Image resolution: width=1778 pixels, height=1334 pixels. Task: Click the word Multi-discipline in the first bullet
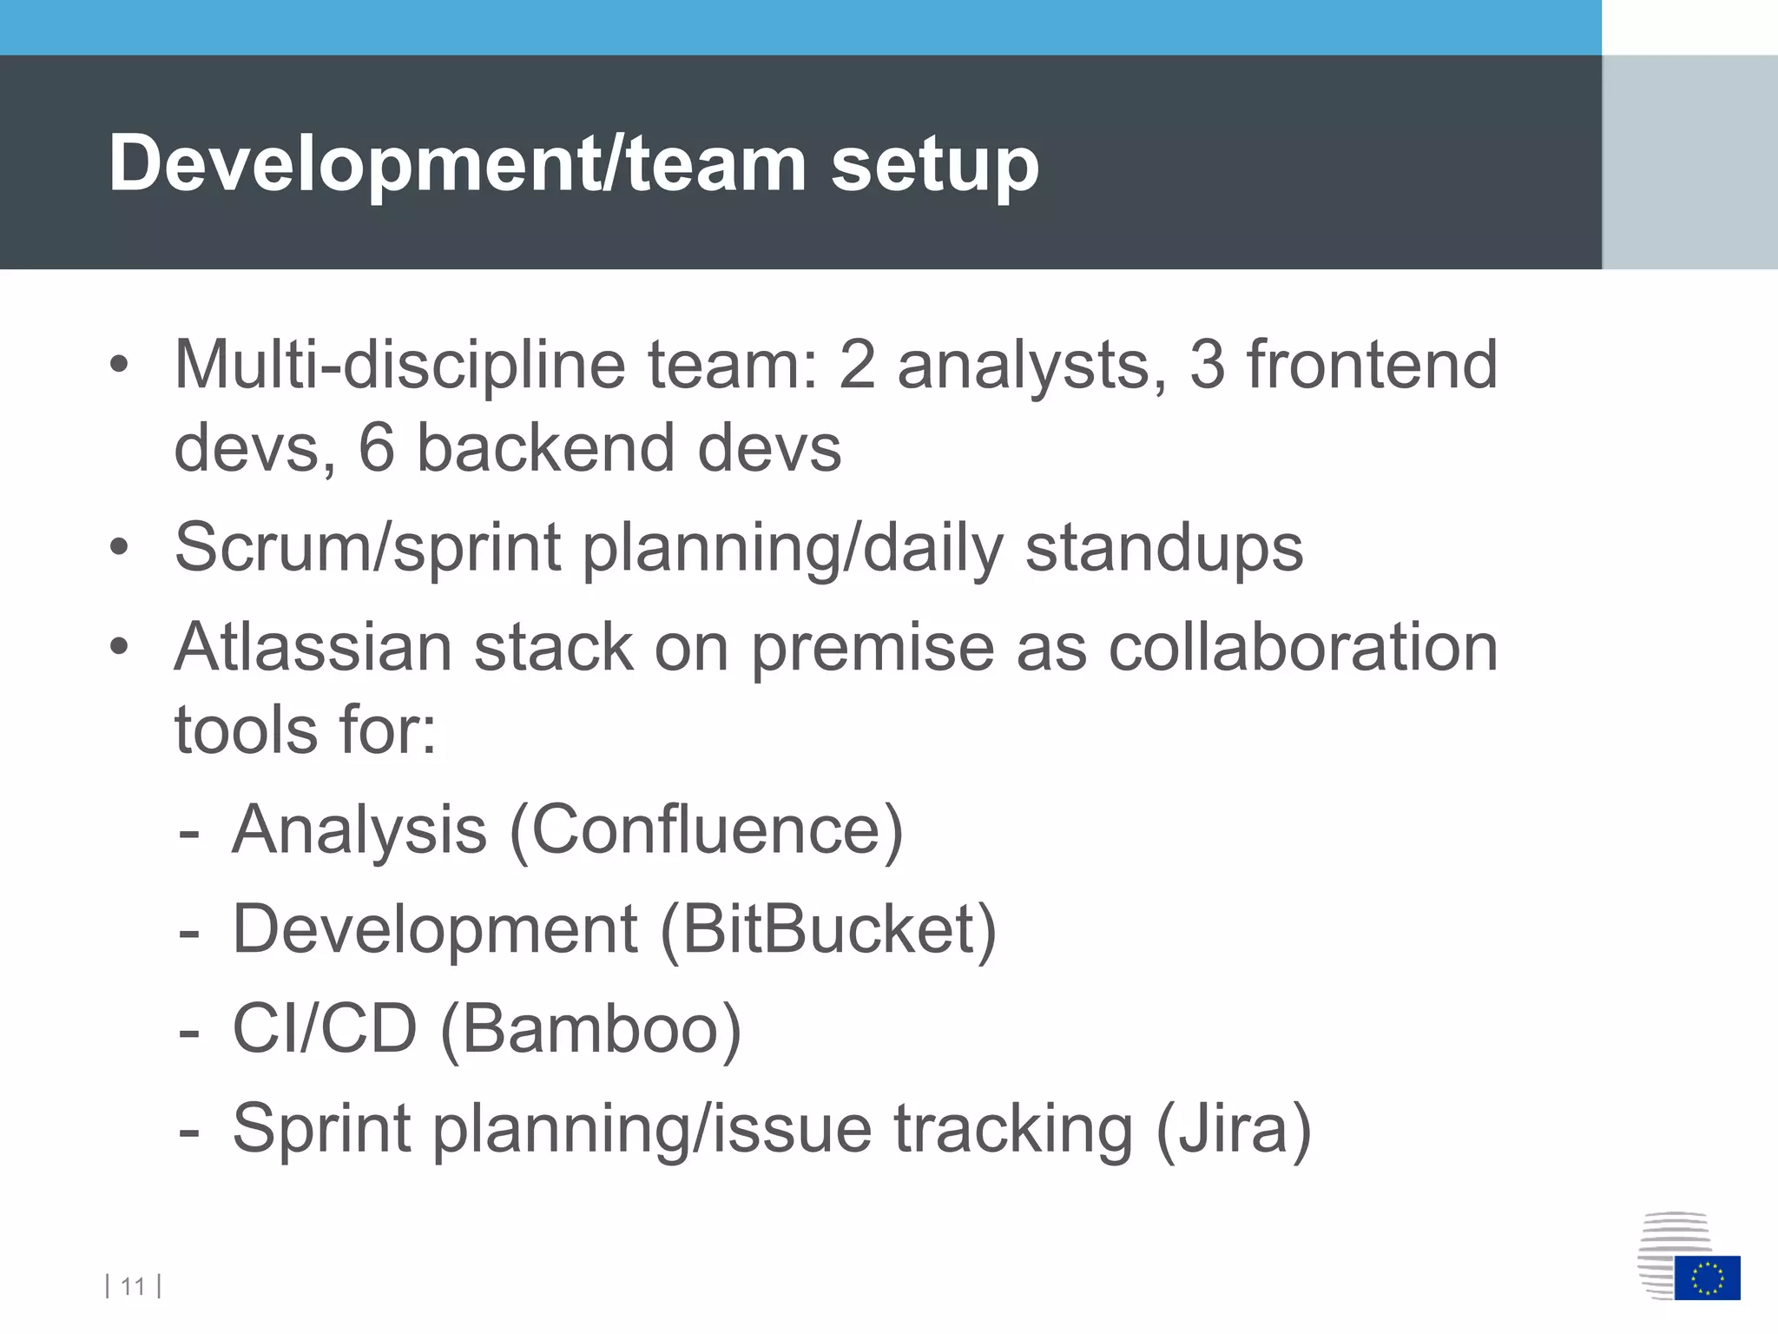pos(399,365)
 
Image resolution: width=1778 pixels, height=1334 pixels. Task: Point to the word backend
pos(545,448)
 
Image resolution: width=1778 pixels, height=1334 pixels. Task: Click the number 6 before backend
pos(377,448)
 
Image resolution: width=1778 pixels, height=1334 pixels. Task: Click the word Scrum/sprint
pos(367,549)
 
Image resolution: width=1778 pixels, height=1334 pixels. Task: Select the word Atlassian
pos(313,648)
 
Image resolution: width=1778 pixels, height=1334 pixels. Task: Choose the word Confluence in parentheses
pos(707,830)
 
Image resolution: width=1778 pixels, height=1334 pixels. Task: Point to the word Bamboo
pos(590,1029)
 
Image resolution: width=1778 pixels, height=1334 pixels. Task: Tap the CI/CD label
pos(325,1029)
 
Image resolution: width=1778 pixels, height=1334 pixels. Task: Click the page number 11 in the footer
pos(133,1286)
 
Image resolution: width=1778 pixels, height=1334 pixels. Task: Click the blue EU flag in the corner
pos(1707,1278)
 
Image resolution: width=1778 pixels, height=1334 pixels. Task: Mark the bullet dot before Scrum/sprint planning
pos(119,548)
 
